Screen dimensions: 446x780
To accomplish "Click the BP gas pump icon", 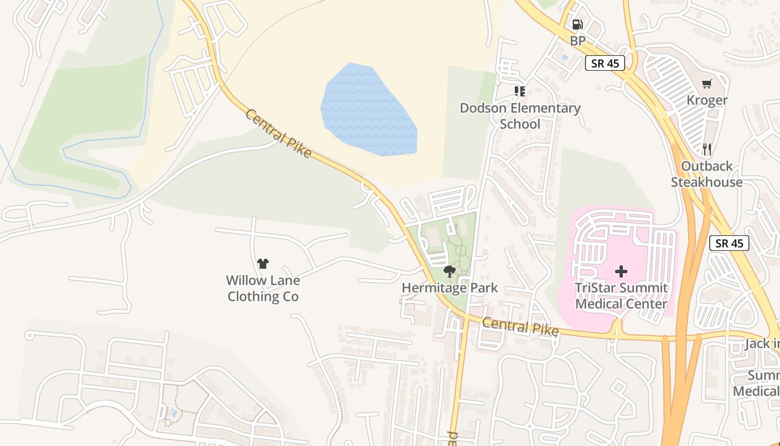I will (x=578, y=25).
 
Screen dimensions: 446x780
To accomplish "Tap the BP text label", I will (x=578, y=41).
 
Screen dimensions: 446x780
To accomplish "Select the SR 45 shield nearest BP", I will (x=605, y=63).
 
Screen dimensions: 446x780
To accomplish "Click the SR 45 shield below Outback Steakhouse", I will (x=729, y=243).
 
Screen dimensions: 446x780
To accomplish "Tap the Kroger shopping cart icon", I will (x=706, y=84).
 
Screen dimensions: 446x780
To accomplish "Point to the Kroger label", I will (x=706, y=100).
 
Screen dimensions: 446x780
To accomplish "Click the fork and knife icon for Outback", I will (x=707, y=149).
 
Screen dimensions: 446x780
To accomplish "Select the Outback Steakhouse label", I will (x=706, y=174).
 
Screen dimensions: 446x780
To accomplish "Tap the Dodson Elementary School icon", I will (x=520, y=91).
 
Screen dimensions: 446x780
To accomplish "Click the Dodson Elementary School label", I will (x=520, y=116).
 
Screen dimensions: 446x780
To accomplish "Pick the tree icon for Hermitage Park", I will (x=450, y=272).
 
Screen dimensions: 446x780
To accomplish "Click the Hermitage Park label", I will (x=450, y=288).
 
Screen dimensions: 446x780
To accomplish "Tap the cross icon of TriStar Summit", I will (x=621, y=272).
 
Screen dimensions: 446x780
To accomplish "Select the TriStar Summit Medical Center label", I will (x=621, y=296).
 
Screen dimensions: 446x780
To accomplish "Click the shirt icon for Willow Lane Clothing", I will (x=263, y=264).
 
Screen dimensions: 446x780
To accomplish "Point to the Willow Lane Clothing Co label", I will (x=263, y=288).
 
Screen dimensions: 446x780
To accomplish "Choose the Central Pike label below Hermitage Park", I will (x=520, y=327).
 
